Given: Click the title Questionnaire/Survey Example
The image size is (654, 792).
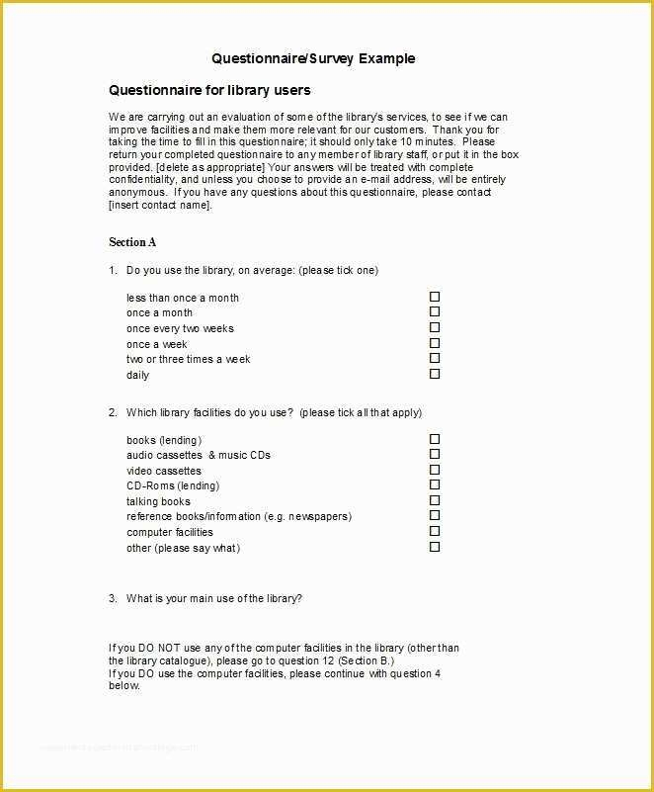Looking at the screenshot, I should click(x=313, y=58).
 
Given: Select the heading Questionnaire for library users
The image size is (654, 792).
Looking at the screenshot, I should click(x=209, y=90).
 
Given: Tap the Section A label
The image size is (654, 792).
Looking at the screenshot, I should click(x=132, y=242).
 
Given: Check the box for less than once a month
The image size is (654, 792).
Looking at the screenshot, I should click(x=435, y=297).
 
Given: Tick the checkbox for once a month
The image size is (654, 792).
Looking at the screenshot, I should click(x=435, y=312).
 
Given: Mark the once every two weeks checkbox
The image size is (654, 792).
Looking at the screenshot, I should click(x=435, y=327).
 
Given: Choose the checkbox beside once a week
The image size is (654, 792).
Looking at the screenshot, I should click(x=435, y=343).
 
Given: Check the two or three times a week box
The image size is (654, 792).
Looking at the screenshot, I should click(x=435, y=358).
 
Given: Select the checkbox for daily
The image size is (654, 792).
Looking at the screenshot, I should click(x=435, y=374).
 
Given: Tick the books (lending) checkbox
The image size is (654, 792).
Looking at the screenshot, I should click(x=435, y=439).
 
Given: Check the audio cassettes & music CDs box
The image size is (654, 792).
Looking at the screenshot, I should click(x=435, y=455).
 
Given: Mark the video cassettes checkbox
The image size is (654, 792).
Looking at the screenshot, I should click(x=435, y=470).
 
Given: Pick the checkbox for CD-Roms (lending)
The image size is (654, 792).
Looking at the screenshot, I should click(x=435, y=485).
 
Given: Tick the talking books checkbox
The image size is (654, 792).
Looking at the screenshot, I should click(x=435, y=500).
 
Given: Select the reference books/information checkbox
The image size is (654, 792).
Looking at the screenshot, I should click(x=435, y=516).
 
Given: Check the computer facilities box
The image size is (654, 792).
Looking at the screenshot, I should click(x=435, y=531).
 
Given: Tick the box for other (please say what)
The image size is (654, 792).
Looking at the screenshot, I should click(x=435, y=547).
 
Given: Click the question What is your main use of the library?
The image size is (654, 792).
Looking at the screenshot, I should click(x=213, y=598).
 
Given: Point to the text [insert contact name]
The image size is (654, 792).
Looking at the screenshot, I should click(x=160, y=206).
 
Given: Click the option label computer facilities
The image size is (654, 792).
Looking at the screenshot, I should click(x=169, y=532).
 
